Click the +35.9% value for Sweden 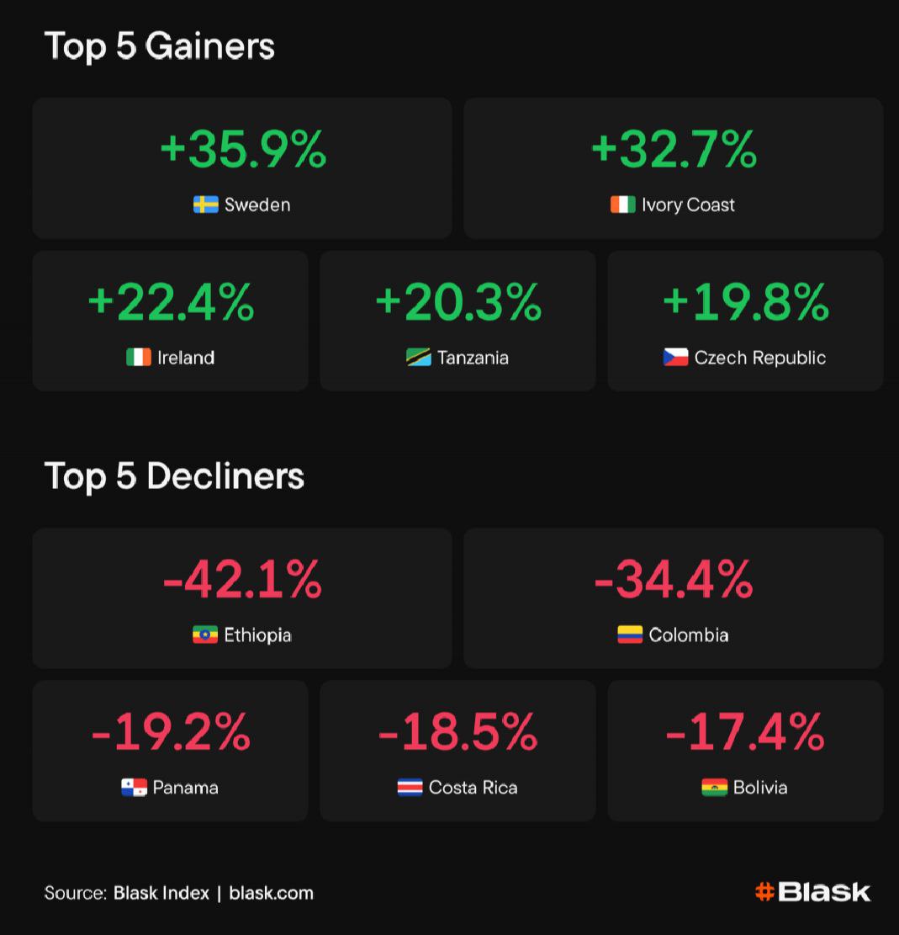tap(242, 149)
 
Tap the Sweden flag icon tap(206, 205)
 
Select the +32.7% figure tap(674, 149)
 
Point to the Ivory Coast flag tap(622, 205)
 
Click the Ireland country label tap(186, 358)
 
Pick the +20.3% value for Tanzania tap(457, 301)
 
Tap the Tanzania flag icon tap(418, 358)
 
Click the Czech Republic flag tap(675, 358)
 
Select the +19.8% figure tap(745, 301)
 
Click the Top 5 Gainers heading tap(159, 45)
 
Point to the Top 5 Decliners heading tap(174, 475)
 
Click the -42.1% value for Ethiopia tap(242, 579)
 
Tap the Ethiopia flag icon tap(205, 635)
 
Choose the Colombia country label tap(689, 635)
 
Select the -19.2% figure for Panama tap(171, 731)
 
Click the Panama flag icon tap(134, 788)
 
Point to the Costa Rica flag tap(410, 788)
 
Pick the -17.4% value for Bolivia tap(745, 731)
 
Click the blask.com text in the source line tap(271, 893)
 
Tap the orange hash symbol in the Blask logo tap(764, 892)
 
